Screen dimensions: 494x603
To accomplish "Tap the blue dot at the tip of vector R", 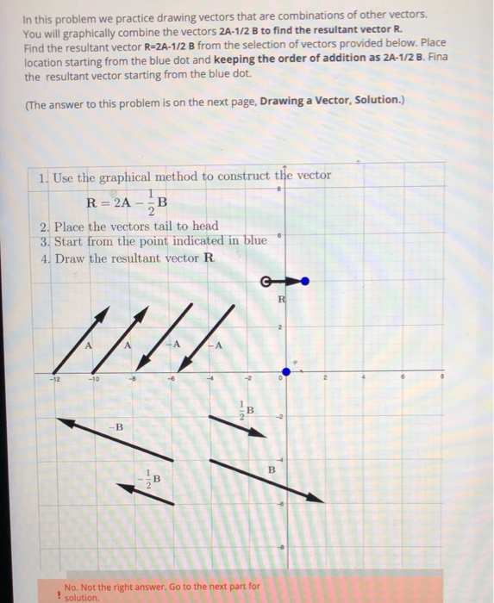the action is (305, 280).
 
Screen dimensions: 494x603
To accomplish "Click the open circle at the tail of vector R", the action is (266, 280).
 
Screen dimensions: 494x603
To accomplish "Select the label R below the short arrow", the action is (281, 300).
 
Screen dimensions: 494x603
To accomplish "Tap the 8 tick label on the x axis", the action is (441, 376).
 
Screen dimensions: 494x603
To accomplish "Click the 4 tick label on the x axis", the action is (364, 376).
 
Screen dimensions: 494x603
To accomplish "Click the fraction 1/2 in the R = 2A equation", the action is (153, 204).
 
